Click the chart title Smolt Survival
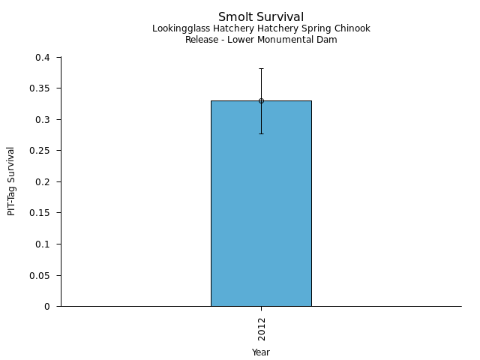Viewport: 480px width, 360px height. [261, 16]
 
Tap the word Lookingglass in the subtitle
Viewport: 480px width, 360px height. [177, 28]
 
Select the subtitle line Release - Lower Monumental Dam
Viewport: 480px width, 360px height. [261, 40]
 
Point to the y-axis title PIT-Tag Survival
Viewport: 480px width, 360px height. [11, 181]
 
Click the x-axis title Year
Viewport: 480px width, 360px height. [261, 352]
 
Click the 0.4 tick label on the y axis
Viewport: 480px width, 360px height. [43, 58]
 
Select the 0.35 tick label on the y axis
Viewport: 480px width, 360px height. [40, 88]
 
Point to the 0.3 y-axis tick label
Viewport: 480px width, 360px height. [43, 120]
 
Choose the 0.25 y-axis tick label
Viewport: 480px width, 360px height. [40, 151]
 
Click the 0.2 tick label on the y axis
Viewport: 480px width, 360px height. [43, 182]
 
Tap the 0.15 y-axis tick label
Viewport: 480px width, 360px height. [40, 213]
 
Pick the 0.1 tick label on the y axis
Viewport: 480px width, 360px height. [43, 244]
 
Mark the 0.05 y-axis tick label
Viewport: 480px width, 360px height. [40, 275]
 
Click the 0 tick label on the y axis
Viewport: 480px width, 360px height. [47, 307]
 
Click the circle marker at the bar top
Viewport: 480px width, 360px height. [261, 100]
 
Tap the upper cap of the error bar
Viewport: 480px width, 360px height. [261, 68]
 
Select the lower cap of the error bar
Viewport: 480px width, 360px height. [261, 133]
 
